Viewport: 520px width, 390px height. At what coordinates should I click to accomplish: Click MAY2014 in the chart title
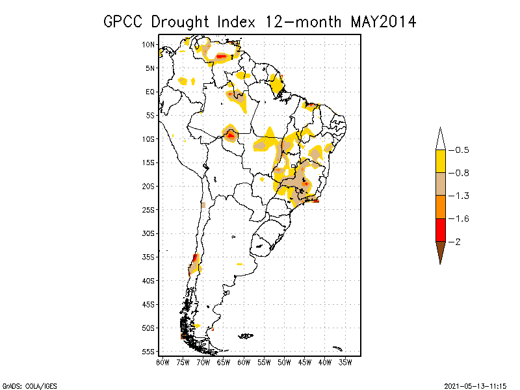point(383,21)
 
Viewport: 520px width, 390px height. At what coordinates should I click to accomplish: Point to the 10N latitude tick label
point(149,44)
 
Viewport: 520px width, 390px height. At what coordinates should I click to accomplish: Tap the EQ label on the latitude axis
point(150,92)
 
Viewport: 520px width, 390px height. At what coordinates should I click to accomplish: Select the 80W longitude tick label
point(162,362)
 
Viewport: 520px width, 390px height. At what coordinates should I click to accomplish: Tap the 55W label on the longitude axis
point(264,362)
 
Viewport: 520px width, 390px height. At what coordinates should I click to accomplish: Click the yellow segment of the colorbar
point(440,161)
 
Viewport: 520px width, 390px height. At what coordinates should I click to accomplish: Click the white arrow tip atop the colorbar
point(440,139)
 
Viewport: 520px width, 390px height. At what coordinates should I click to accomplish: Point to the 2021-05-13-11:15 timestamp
point(476,385)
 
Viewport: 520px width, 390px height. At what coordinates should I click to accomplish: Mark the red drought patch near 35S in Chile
point(195,258)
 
